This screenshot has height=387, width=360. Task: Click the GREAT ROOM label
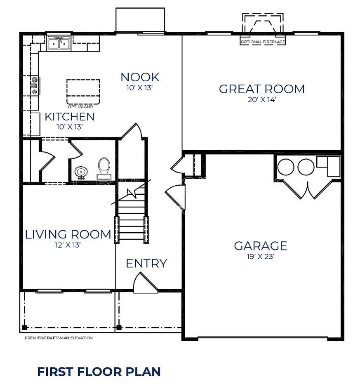261,89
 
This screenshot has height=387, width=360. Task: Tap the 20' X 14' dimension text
261,100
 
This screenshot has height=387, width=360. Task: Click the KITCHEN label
69,117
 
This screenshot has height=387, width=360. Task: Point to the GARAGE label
261,246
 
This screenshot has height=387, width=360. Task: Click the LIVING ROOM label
68,235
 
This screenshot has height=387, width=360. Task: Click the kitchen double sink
59,42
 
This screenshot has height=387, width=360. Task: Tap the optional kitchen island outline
83,92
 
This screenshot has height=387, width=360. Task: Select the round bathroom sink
81,172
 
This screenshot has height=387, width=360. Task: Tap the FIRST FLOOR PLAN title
99,371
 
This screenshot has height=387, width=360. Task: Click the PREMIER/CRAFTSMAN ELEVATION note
59,338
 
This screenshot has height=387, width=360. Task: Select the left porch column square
24,328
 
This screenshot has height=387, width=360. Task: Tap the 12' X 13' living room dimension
68,245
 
